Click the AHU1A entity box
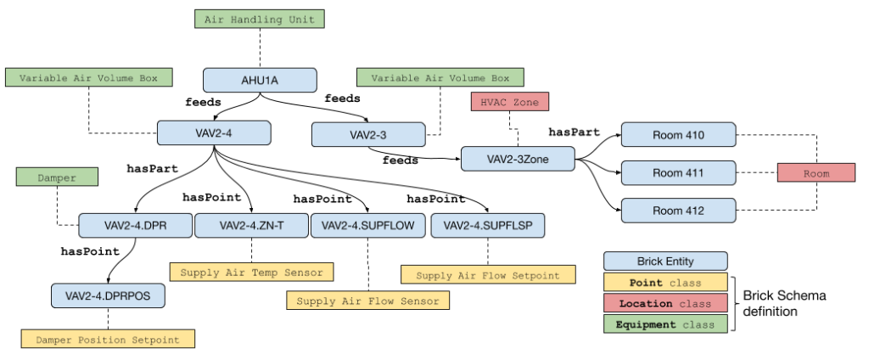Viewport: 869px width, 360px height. tap(260, 81)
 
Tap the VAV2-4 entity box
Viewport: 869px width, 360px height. tap(214, 132)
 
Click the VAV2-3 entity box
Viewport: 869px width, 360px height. tap(367, 135)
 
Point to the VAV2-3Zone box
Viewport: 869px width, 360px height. tap(518, 159)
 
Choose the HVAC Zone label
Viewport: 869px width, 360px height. tap(510, 102)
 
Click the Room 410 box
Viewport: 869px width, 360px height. tap(678, 135)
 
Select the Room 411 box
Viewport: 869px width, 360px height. tap(678, 173)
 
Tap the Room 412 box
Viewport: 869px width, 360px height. tap(678, 211)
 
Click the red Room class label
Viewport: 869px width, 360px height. tap(816, 173)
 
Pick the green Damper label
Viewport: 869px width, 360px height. tap(57, 177)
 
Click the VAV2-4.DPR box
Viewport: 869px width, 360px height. tap(134, 226)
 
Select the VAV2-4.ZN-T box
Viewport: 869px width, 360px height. tap(251, 226)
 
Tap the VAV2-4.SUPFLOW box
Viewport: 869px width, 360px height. tap(367, 226)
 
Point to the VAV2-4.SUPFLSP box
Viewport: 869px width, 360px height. tap(487, 226)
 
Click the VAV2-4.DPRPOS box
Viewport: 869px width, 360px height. tap(108, 295)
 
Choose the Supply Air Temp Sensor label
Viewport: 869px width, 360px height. tap(251, 273)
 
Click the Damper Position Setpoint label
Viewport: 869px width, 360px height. tap(108, 340)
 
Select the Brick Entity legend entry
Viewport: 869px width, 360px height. tap(665, 261)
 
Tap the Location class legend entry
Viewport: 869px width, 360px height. tap(665, 303)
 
